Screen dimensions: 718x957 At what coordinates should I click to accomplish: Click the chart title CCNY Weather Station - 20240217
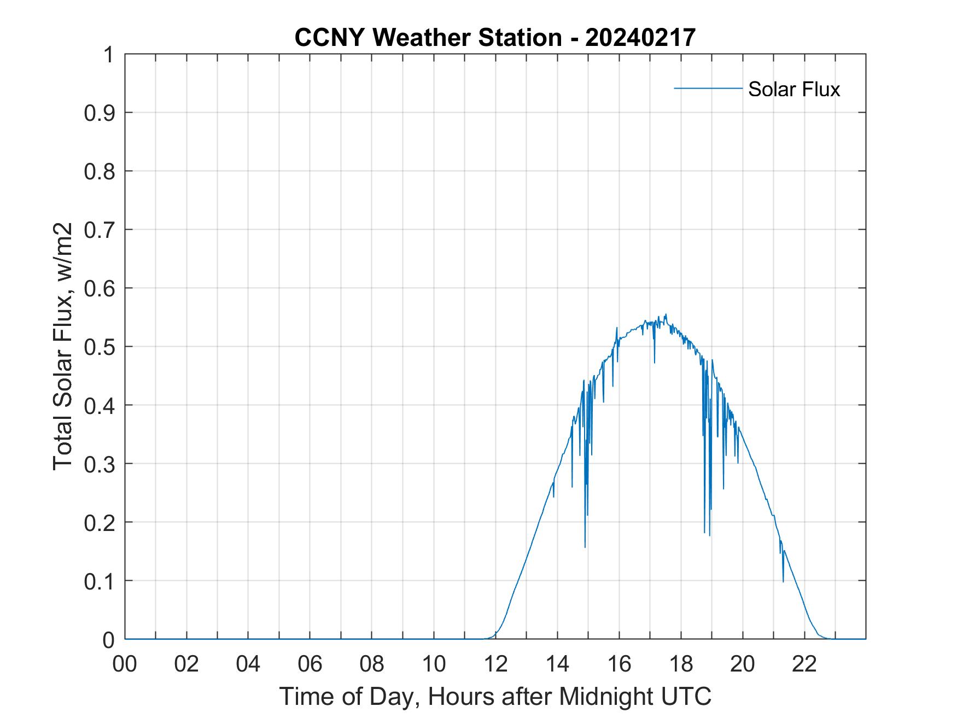pyautogui.click(x=495, y=38)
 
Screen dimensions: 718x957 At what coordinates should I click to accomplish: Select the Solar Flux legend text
pyautogui.click(x=793, y=89)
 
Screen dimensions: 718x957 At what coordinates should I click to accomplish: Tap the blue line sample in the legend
pyautogui.click(x=708, y=88)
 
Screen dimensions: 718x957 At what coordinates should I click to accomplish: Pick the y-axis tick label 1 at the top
pyautogui.click(x=108, y=55)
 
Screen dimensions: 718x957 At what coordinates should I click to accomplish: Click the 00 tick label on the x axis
pyautogui.click(x=125, y=664)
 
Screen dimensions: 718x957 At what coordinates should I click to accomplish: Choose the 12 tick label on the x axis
pyautogui.click(x=495, y=664)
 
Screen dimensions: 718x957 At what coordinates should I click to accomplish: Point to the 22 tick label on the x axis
pyautogui.click(x=804, y=664)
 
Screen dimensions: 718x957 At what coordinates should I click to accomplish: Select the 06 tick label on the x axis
pyautogui.click(x=310, y=664)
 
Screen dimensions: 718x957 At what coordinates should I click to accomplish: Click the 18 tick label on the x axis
pyautogui.click(x=681, y=664)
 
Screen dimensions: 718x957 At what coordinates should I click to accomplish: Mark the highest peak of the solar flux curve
pyautogui.click(x=666, y=314)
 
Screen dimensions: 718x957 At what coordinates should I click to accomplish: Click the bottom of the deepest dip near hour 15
pyautogui.click(x=585, y=547)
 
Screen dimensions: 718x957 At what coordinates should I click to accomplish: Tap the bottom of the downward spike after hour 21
pyautogui.click(x=783, y=582)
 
